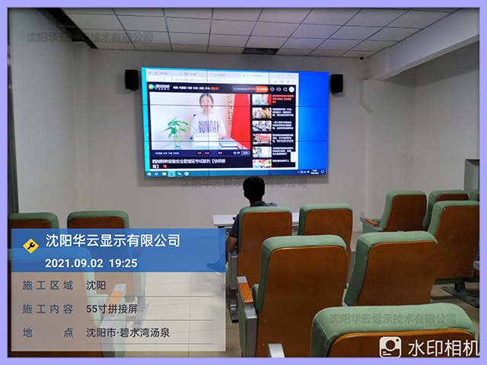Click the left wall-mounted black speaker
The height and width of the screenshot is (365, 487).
(x=132, y=80)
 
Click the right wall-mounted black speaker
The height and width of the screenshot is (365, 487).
(x=336, y=84)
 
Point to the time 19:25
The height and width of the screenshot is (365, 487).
(x=123, y=263)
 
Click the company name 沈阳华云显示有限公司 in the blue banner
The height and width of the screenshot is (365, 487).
(x=113, y=242)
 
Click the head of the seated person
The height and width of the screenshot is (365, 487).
(x=253, y=188)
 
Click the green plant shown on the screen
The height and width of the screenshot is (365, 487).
(x=176, y=128)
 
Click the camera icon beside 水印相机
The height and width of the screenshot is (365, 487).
(x=390, y=348)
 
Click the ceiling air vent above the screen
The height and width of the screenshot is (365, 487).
(x=259, y=50)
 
